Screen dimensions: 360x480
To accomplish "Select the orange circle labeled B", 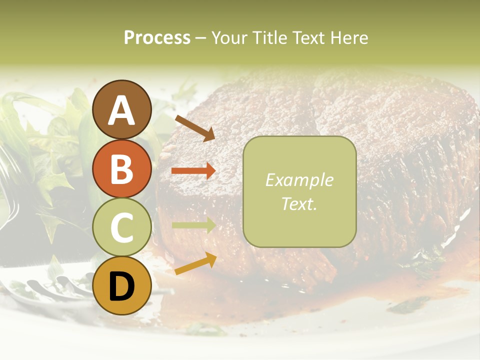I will pyautogui.click(x=121, y=168).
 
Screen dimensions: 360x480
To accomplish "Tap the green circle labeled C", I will pyautogui.click(x=121, y=227).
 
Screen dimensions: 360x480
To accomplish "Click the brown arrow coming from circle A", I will pyautogui.click(x=195, y=128).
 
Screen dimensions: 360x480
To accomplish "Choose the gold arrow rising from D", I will pyautogui.click(x=195, y=263).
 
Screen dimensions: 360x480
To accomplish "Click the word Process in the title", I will pyautogui.click(x=157, y=37).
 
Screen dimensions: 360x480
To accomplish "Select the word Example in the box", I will pyautogui.click(x=299, y=180).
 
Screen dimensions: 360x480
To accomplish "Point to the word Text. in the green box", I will pyautogui.click(x=299, y=203).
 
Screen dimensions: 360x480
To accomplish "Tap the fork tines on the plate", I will pyautogui.click(x=55, y=287).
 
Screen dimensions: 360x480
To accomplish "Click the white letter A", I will pyautogui.click(x=121, y=110).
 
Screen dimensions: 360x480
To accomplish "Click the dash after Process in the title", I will pyautogui.click(x=200, y=38).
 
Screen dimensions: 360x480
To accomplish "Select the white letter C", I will pyautogui.click(x=121, y=227).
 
